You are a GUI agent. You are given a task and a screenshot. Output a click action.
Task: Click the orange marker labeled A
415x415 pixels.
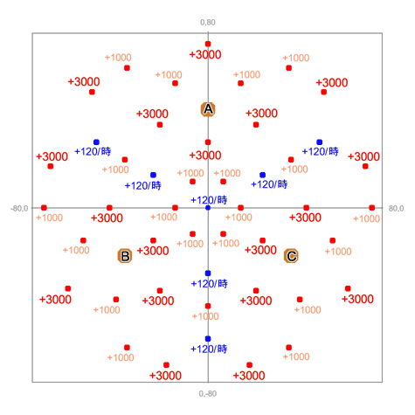tap(208, 109)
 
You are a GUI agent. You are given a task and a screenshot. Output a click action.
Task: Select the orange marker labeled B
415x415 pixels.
tap(125, 256)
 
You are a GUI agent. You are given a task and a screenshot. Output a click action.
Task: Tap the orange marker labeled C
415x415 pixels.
tap(291, 256)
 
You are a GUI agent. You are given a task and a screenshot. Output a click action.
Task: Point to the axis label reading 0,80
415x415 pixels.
tap(208, 23)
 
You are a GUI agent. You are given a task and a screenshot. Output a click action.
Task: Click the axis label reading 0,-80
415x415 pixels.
tap(208, 394)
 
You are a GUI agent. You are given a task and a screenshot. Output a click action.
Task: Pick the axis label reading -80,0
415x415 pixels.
tap(19, 209)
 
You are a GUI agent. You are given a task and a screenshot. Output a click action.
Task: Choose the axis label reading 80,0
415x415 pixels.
tap(396, 209)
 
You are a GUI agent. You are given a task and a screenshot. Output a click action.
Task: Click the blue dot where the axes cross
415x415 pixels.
tap(208, 208)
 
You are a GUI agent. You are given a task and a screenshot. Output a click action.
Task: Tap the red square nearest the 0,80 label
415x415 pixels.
tap(208, 44)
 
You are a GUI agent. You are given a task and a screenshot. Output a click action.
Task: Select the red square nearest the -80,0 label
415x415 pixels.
tap(44, 208)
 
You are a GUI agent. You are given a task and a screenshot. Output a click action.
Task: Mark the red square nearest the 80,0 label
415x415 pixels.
tap(371, 208)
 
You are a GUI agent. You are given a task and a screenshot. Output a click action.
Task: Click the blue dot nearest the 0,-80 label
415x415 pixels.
tap(208, 339)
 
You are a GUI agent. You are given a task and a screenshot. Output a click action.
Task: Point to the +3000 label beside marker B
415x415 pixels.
tap(153, 251)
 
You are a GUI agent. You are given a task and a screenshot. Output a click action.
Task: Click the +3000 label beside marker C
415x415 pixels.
tap(260, 250)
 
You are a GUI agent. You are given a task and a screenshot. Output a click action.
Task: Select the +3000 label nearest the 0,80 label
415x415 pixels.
tap(205, 54)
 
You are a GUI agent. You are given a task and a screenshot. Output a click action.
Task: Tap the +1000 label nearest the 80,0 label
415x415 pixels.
tap(366, 218)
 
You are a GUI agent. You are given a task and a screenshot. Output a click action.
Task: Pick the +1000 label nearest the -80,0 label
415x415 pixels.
tap(49, 218)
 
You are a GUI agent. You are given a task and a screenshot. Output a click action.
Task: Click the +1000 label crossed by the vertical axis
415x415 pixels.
tap(205, 316)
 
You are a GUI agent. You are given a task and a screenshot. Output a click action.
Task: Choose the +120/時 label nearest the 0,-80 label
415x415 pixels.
tap(209, 349)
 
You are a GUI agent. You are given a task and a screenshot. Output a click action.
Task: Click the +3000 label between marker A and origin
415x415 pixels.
tap(205, 156)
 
